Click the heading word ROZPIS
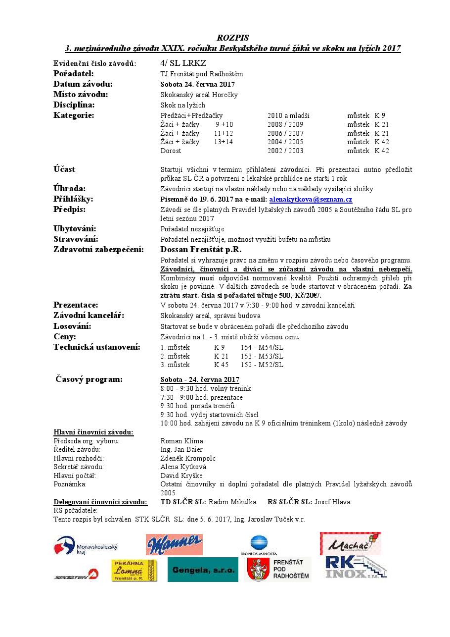tap(232, 38)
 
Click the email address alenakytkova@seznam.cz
tap(311, 200)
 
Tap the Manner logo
tap(174, 544)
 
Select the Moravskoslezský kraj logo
tap(86, 545)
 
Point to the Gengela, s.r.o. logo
tap(203, 570)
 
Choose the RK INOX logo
tap(355, 567)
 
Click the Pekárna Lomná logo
tap(134, 570)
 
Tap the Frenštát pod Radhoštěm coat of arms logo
tap(278, 570)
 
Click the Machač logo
tap(350, 543)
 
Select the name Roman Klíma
tap(182, 441)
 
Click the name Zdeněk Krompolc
tap(188, 458)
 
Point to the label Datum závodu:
tap(83, 84)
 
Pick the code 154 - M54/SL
tap(262, 347)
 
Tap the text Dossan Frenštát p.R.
tap(201, 250)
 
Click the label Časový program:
tap(89, 379)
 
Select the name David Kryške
tap(181, 476)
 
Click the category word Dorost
tap(171, 151)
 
